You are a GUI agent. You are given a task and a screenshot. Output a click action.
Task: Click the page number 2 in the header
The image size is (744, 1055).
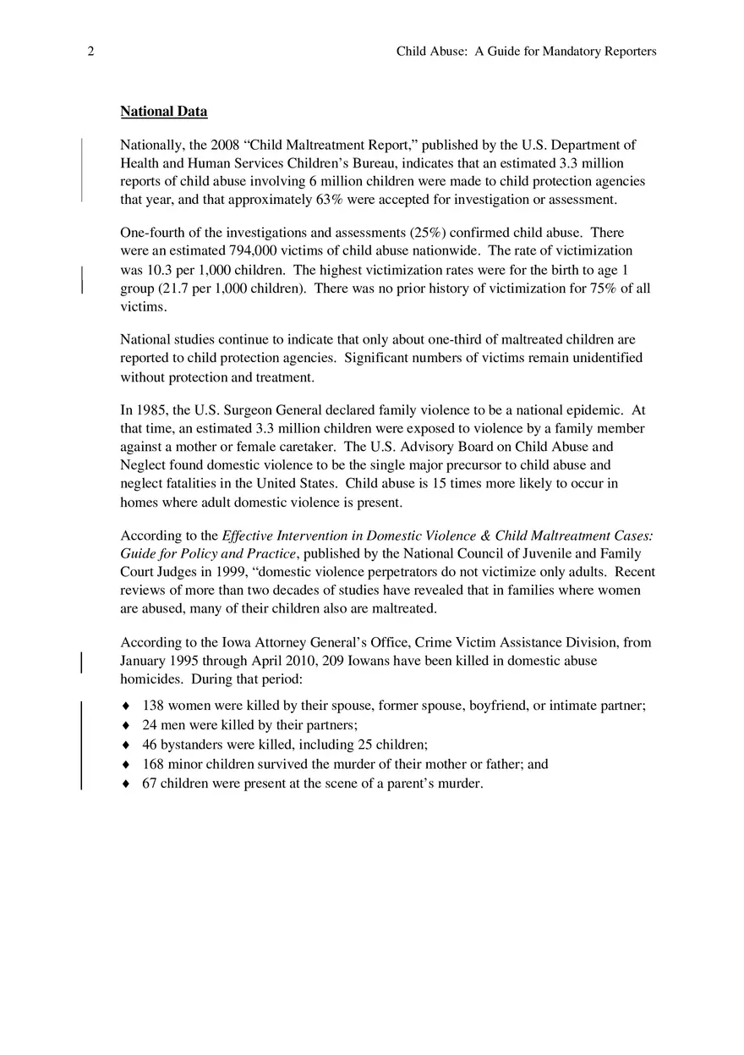pyautogui.click(x=90, y=52)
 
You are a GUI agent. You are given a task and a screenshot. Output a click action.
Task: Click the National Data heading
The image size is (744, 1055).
pyautogui.click(x=163, y=112)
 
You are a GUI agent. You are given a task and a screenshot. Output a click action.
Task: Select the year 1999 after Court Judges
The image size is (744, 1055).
pyautogui.click(x=232, y=572)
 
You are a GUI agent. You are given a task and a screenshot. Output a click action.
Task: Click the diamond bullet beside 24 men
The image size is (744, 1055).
pyautogui.click(x=126, y=725)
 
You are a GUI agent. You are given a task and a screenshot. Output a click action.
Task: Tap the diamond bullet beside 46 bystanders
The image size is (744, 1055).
pyautogui.click(x=126, y=745)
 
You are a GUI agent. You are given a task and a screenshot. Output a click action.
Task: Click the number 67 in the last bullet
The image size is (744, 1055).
pyautogui.click(x=150, y=783)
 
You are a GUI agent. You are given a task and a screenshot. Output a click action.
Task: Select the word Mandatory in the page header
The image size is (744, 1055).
pyautogui.click(x=571, y=52)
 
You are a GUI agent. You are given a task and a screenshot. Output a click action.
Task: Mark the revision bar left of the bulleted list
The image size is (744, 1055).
pyautogui.click(x=81, y=745)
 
